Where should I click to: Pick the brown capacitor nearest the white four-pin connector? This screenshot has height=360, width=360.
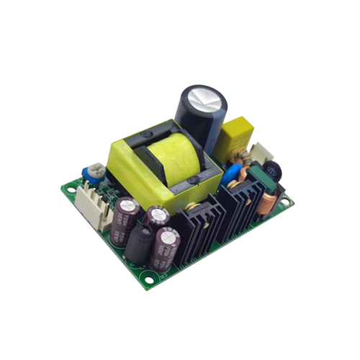coord(122,215)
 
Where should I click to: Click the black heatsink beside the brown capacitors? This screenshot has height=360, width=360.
coord(191,223)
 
